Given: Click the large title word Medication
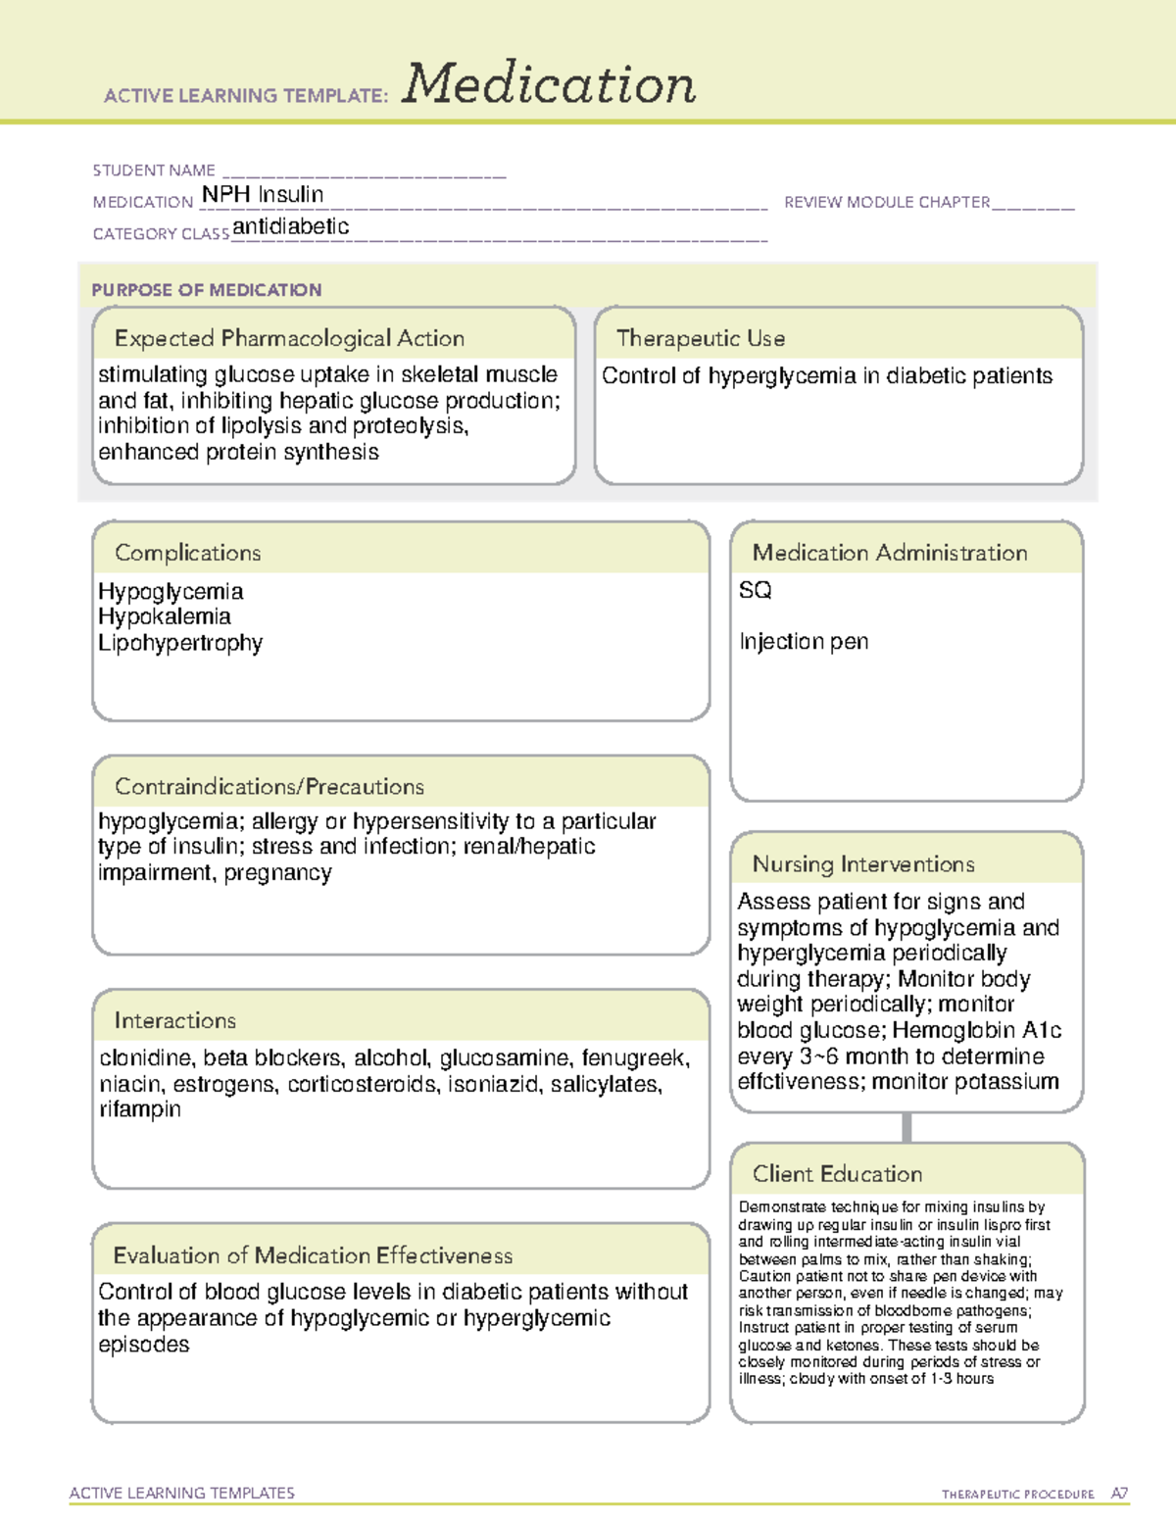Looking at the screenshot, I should tap(549, 84).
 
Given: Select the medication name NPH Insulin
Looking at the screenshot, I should tap(263, 195).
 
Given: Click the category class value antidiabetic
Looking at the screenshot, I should tap(291, 227).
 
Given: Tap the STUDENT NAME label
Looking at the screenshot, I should tap(154, 171).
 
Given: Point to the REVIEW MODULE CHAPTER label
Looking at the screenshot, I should tap(887, 202).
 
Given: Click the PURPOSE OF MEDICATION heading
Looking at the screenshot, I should tap(207, 290).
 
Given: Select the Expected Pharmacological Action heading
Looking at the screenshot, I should tap(289, 338).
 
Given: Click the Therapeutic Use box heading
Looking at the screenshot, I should tap(701, 338).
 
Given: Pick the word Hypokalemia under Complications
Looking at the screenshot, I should tap(165, 616).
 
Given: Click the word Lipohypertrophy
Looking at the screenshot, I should tap(180, 643).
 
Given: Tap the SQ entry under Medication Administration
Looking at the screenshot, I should tap(756, 590).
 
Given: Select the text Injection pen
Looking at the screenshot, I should tap(804, 642).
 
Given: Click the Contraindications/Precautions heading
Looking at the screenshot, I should tap(269, 787).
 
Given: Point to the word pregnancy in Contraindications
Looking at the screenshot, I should tap(277, 873).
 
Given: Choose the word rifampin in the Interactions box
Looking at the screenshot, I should tap(140, 1109).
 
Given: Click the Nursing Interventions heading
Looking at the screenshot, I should tap(863, 864).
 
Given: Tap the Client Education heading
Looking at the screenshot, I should tap(837, 1174).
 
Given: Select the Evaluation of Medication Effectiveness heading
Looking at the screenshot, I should tap(313, 1255).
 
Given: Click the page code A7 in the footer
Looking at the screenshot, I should tap(1119, 1494).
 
